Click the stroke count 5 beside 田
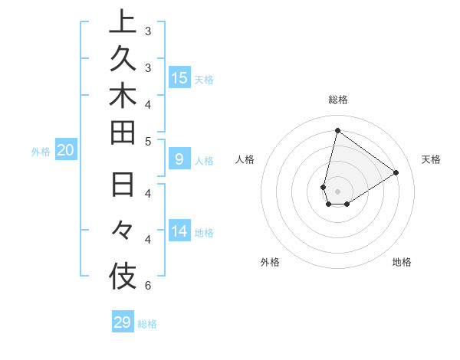pyautogui.click(x=148, y=141)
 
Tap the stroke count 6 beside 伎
pyautogui.click(x=148, y=286)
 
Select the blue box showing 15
pyautogui.click(x=179, y=77)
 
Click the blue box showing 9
pyautogui.click(x=179, y=159)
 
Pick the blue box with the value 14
pyautogui.click(x=179, y=231)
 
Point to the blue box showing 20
pyautogui.click(x=66, y=150)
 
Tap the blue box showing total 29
pyautogui.click(x=123, y=322)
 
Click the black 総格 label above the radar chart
pyautogui.click(x=338, y=100)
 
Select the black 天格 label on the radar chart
pyautogui.click(x=431, y=159)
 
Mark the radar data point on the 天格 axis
pyautogui.click(x=396, y=172)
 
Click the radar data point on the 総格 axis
pyautogui.click(x=337, y=130)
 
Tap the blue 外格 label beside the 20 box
pyautogui.click(x=41, y=152)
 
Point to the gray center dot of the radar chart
pyautogui.click(x=337, y=191)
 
